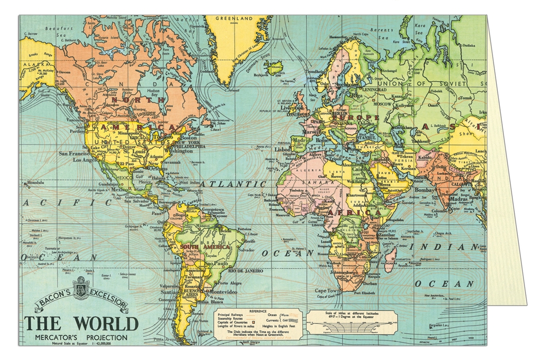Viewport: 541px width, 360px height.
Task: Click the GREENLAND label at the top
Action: (235, 19)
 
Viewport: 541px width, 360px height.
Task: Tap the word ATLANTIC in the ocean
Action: (233, 184)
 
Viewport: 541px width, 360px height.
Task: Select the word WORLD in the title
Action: (107, 323)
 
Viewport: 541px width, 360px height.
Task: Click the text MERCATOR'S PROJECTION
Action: (81, 337)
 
